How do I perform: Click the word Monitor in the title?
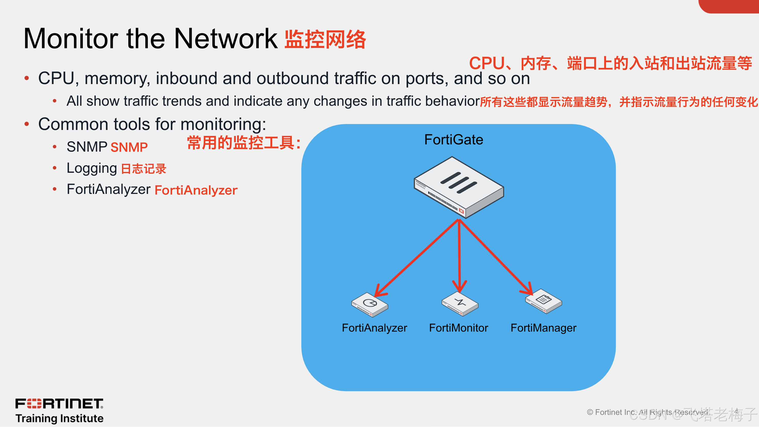(x=71, y=39)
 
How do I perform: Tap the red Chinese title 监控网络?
(x=325, y=39)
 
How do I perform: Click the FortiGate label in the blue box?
(x=454, y=139)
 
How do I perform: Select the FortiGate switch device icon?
(x=459, y=187)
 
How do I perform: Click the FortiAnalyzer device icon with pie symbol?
(x=369, y=305)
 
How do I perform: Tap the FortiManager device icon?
(x=544, y=301)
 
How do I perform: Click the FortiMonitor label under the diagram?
(x=458, y=328)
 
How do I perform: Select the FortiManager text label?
(x=543, y=328)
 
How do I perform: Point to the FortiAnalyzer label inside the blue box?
(x=374, y=328)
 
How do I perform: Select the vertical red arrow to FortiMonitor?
(x=459, y=253)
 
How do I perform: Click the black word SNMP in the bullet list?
(x=87, y=147)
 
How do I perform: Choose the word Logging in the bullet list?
(x=92, y=168)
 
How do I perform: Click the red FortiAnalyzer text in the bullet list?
(x=196, y=190)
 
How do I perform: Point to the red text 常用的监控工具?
(x=243, y=143)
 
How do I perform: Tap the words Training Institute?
(x=60, y=418)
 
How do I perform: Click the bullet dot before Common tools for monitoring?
(x=27, y=124)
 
